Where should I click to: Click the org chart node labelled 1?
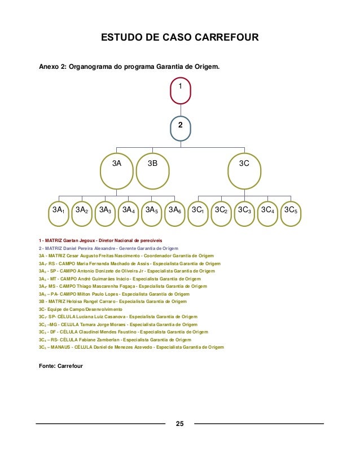pos(180,91)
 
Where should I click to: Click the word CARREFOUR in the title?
pos(225,38)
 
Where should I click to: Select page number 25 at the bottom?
pos(180,424)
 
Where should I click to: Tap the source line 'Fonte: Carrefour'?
pos(61,366)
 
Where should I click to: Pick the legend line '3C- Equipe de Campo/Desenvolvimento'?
pos(81,309)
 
